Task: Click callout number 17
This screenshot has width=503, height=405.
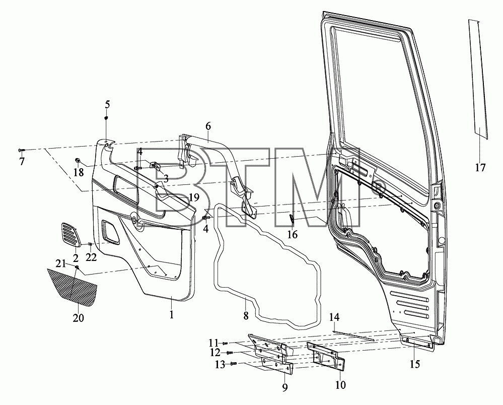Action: pos(480,168)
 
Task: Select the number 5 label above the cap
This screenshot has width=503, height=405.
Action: pos(107,104)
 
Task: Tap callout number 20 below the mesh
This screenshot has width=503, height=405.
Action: pos(78,318)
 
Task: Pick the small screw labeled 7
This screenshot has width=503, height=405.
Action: pos(21,150)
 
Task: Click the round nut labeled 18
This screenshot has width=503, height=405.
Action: pos(78,160)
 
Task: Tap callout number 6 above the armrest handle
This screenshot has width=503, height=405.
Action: pos(208,126)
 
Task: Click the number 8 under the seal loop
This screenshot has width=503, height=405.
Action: pos(246,316)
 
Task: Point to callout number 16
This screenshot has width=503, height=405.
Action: pos(292,235)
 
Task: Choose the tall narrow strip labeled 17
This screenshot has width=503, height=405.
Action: pos(478,80)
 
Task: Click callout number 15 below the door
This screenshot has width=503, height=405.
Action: pos(415,364)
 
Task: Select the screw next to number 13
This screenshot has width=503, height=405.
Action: pos(234,364)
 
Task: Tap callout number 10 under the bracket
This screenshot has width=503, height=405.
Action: pos(340,384)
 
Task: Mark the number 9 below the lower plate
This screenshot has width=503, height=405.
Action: pos(285,387)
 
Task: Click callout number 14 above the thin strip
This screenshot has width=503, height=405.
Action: pos(334,317)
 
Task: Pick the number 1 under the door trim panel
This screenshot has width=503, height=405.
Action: pos(172,314)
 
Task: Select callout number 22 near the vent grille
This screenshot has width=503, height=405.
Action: pos(92,257)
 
